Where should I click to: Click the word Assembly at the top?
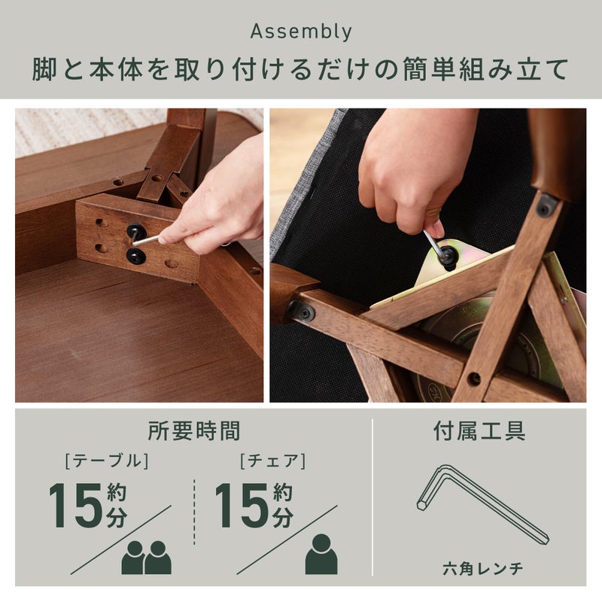(301, 32)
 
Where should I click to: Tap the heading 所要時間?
(194, 430)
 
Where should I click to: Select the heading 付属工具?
(479, 430)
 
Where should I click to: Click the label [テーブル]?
(107, 461)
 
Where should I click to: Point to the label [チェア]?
(273, 461)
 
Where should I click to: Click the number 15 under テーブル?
(76, 505)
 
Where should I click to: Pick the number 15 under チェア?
(242, 505)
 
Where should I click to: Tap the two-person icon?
(146, 558)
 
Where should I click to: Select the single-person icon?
(321, 555)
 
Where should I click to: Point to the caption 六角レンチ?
(482, 568)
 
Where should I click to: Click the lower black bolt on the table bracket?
(136, 256)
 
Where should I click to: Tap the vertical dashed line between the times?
(194, 512)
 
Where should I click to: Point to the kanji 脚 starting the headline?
(44, 69)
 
